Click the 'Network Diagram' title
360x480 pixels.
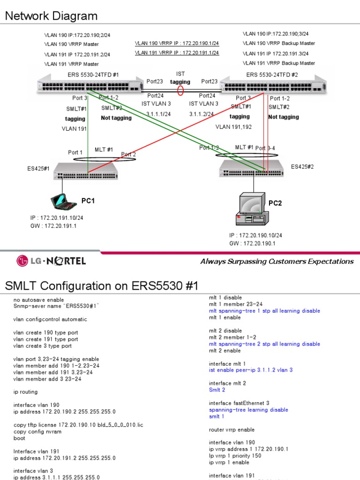tap(51, 16)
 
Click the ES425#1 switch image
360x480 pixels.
tap(85, 172)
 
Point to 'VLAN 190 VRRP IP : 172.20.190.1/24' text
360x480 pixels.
tap(177, 43)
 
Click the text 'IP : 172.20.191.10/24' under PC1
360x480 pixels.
tap(57, 218)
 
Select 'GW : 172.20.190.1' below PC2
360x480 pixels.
tap(253, 243)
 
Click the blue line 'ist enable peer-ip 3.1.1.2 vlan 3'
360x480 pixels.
tap(251, 370)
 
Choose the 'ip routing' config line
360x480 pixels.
tap(25, 392)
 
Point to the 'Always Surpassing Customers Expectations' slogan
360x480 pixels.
tap(277, 261)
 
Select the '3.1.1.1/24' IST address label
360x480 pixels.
tap(158, 114)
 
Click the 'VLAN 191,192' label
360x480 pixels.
tap(233, 127)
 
